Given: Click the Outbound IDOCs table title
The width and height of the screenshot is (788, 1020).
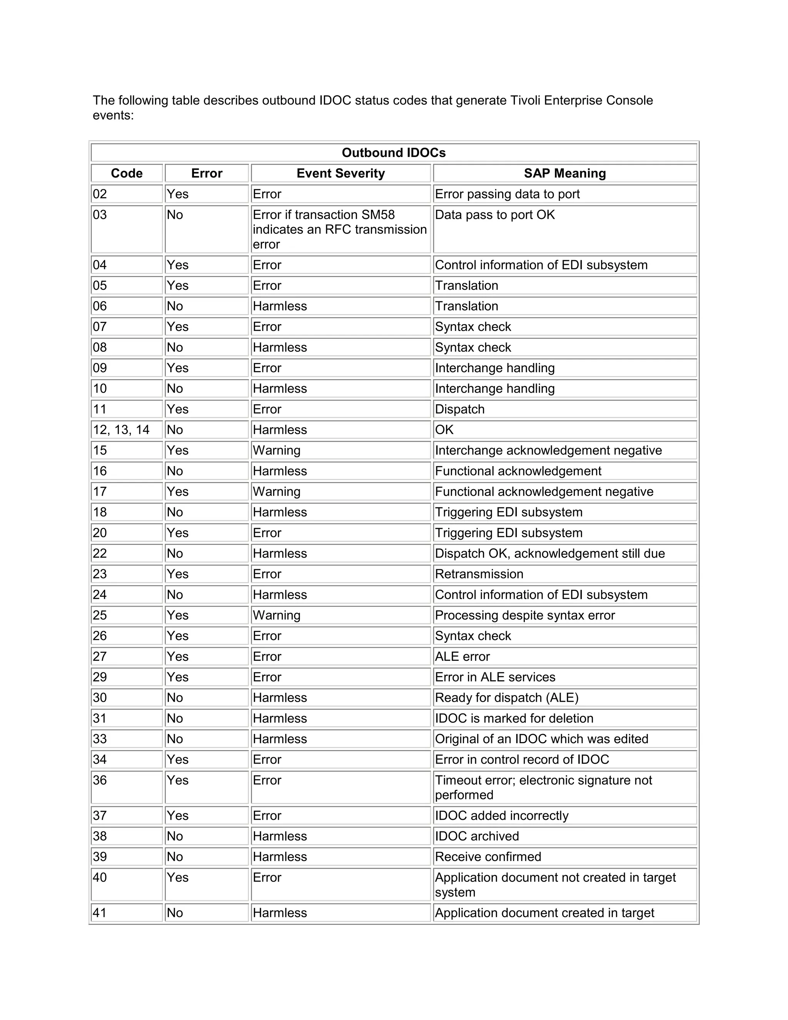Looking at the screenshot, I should point(394,153).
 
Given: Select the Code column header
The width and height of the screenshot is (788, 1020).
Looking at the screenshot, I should point(127,173).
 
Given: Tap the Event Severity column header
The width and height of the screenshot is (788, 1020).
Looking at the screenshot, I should point(340,173).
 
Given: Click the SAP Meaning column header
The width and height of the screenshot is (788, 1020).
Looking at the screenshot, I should point(564,173).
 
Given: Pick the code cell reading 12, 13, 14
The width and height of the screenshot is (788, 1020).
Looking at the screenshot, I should point(121,430).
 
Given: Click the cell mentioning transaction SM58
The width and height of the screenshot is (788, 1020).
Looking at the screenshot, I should point(340,229).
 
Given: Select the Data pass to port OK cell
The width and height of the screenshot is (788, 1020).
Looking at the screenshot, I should point(495,215).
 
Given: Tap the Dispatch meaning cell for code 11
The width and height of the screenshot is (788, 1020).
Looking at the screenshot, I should point(460,409).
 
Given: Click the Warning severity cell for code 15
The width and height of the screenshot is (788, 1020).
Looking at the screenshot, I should point(277,450).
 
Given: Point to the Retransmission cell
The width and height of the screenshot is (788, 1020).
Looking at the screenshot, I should point(479,574).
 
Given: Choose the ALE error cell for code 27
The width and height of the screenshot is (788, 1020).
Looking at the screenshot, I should point(462,656).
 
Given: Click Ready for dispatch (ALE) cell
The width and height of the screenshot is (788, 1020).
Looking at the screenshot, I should point(506,698).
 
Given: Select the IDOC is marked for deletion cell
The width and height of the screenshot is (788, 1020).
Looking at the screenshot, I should point(514,718).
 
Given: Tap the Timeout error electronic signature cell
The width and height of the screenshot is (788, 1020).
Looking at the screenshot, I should point(543,788).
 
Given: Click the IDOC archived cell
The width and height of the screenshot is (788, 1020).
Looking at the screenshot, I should point(477,836).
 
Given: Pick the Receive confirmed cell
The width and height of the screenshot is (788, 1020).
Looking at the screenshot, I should point(488,856).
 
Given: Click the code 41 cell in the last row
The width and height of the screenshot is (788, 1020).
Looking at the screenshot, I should point(100,913).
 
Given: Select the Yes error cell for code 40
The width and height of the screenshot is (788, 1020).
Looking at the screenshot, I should point(177,878).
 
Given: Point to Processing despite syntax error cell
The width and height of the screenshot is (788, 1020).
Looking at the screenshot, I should point(525,615).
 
